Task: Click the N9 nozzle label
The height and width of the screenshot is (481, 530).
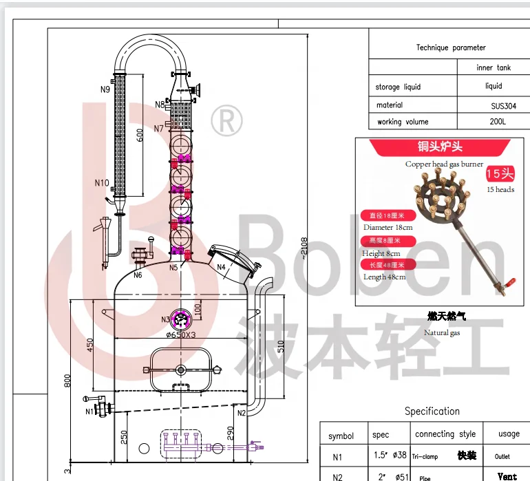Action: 105,89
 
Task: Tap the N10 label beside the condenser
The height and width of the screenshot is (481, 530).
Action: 101,183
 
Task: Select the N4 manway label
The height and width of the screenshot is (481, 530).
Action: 222,267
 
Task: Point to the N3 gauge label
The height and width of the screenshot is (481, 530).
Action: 166,319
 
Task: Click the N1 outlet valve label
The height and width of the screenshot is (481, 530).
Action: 89,411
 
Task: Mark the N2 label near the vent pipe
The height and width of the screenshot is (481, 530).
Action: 242,413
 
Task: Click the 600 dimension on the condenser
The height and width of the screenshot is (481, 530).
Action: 140,136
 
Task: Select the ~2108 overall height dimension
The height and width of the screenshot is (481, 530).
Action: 304,248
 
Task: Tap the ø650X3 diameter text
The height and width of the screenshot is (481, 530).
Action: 181,335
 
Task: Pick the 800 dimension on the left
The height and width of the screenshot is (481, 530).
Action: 67,380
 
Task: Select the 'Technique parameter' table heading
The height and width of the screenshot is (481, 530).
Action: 451,47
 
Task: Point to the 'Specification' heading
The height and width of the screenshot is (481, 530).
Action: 432,411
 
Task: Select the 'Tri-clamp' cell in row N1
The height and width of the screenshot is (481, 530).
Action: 425,456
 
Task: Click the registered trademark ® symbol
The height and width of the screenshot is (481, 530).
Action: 226,121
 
